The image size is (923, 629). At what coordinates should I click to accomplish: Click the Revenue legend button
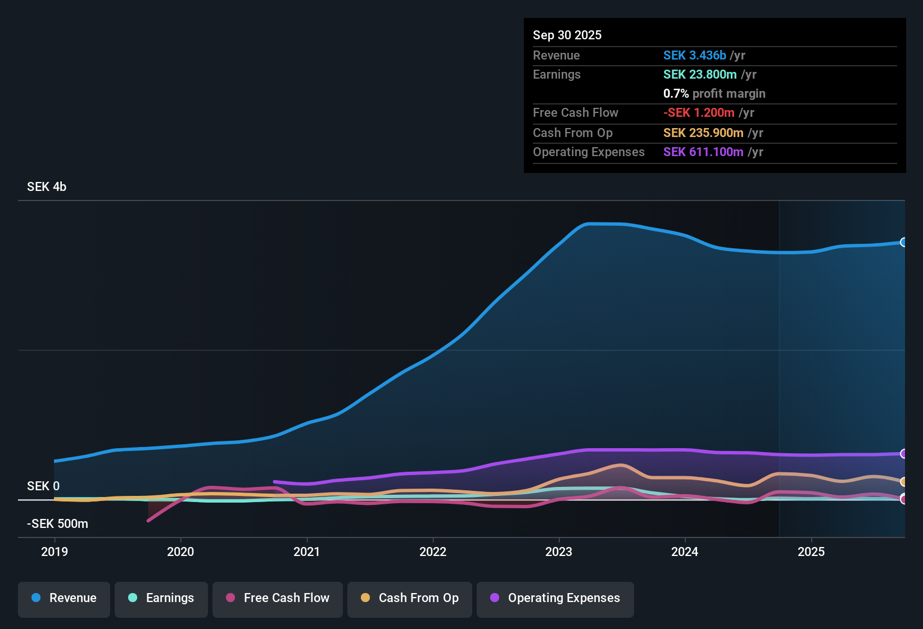[x=64, y=598]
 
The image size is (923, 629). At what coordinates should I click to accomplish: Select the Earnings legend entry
[x=161, y=598]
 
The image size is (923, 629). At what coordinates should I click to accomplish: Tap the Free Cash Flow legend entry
[x=278, y=598]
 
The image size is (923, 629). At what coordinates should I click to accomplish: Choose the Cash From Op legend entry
[x=410, y=598]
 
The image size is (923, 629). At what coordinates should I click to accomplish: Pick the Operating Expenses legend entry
[x=555, y=598]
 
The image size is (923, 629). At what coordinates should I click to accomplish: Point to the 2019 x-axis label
[x=55, y=551]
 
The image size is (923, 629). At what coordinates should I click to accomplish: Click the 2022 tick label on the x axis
[x=433, y=551]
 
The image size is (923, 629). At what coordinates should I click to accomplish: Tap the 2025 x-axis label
[x=811, y=551]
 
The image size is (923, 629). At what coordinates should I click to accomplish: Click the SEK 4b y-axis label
[x=47, y=187]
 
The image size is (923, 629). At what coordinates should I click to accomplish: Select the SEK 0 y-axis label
[x=43, y=486]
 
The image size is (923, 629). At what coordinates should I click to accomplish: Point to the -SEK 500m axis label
[x=57, y=524]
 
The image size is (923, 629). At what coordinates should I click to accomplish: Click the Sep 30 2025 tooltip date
[x=567, y=35]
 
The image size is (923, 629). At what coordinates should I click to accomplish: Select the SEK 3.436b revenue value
[x=695, y=56]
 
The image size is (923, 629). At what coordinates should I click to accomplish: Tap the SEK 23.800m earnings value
[x=700, y=75]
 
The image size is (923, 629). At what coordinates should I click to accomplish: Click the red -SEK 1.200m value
[x=699, y=113]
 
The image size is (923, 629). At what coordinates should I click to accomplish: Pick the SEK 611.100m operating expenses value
[x=703, y=152]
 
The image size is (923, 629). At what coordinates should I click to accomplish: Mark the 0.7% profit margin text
[x=714, y=94]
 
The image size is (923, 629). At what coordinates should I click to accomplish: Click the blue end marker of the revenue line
[x=903, y=242]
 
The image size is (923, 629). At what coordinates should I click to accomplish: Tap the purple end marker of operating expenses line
[x=903, y=454]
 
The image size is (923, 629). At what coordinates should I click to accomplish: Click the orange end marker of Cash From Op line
[x=903, y=482]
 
